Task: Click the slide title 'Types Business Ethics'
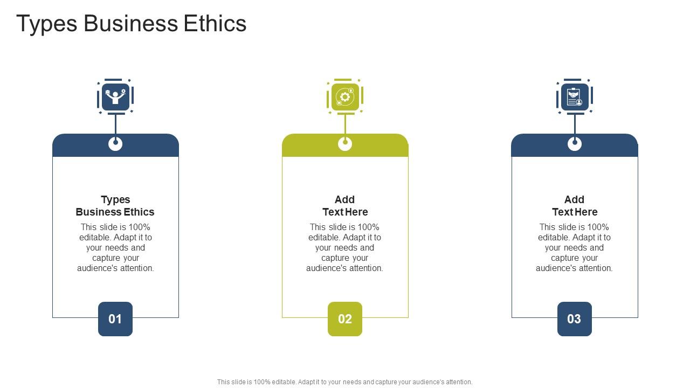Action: tap(132, 24)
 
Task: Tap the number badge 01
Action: tap(115, 319)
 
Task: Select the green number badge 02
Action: tap(345, 319)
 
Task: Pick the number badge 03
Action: tap(574, 319)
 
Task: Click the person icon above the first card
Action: tap(115, 97)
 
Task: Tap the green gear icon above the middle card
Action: tap(345, 97)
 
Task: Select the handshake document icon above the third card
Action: tap(574, 97)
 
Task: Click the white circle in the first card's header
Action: tap(115, 144)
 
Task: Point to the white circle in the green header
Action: tap(345, 144)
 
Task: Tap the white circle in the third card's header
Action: tap(575, 144)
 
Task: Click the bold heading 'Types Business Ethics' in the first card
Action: tap(115, 206)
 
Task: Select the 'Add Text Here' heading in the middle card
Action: tap(345, 206)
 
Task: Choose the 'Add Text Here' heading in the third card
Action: tap(575, 206)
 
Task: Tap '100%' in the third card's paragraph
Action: tap(597, 227)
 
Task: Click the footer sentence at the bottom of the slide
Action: tap(345, 382)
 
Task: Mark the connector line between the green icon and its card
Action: tap(345, 125)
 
